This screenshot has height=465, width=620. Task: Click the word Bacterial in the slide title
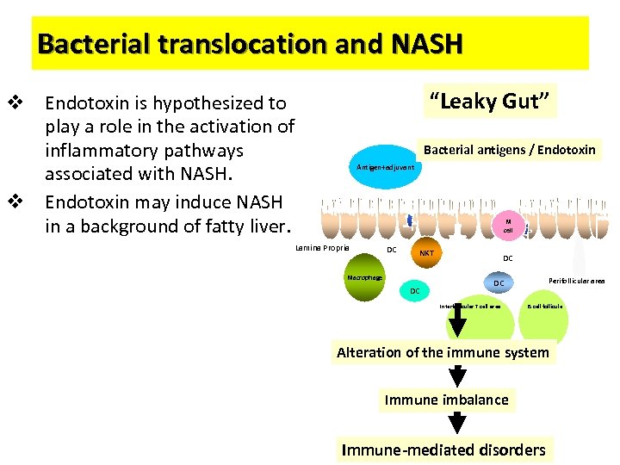[96, 43]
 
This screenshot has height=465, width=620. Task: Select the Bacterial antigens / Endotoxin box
[509, 150]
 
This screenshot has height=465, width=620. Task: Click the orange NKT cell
[426, 253]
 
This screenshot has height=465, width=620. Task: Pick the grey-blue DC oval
[499, 283]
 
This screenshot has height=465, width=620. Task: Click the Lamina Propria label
[322, 248]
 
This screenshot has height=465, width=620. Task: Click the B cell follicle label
[545, 307]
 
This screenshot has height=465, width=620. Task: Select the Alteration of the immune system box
[443, 352]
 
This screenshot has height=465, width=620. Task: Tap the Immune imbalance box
[446, 400]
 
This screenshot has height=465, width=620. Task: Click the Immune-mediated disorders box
[443, 449]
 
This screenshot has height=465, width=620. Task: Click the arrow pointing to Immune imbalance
[458, 375]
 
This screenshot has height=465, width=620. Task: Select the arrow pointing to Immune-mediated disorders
[458, 423]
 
